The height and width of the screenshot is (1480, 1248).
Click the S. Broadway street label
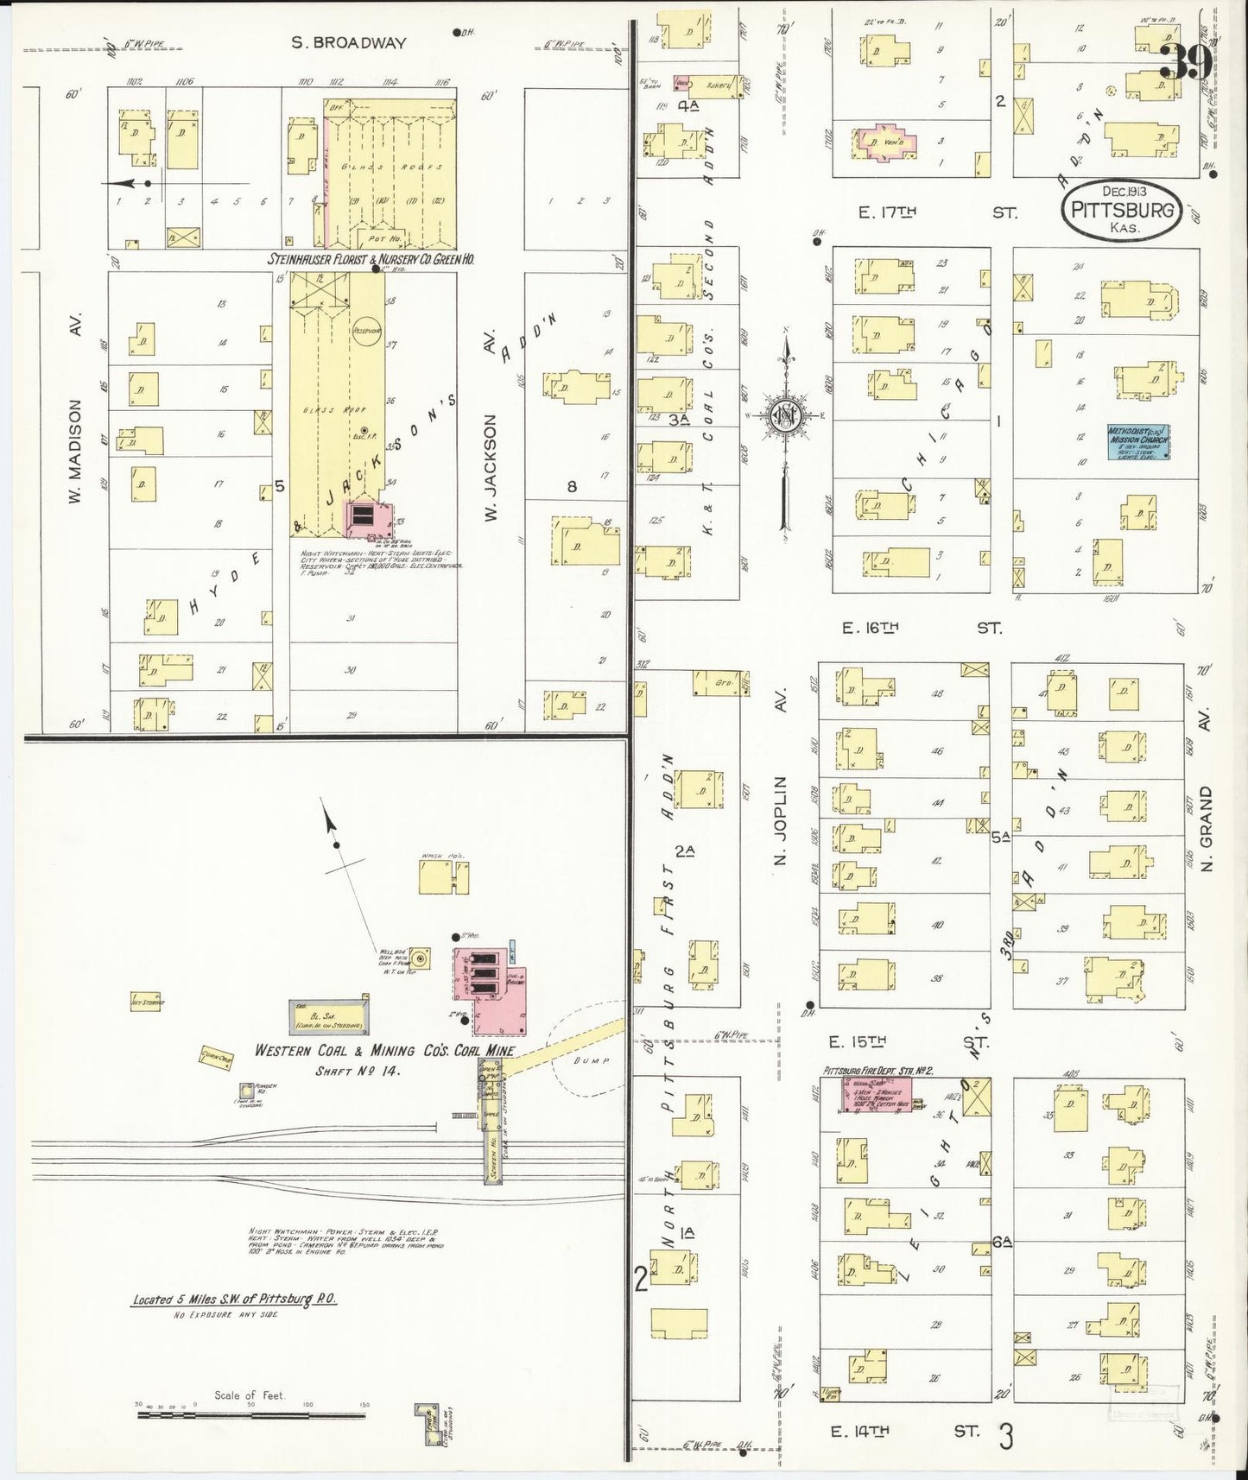click(348, 42)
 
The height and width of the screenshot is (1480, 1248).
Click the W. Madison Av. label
click(76, 451)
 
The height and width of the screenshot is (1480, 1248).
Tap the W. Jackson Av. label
click(491, 466)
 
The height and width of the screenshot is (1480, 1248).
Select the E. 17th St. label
click(887, 212)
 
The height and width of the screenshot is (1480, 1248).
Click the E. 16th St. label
click(871, 629)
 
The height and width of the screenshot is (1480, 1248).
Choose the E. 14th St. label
click(860, 1432)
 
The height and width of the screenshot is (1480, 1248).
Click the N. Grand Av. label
click(1207, 828)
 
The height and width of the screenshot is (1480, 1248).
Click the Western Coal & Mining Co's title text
click(384, 1051)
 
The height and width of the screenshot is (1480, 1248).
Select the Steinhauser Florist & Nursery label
click(383, 258)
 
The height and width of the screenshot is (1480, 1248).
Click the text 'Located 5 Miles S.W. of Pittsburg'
click(234, 1300)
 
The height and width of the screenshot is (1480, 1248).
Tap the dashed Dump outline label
click(595, 1060)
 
